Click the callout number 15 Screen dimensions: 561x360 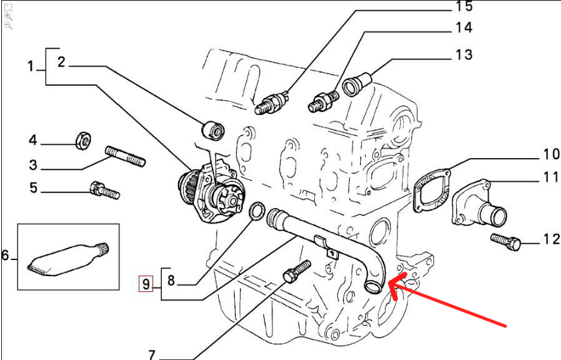tap(464, 6)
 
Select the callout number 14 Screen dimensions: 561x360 tap(464, 27)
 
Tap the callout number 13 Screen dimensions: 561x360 tap(464, 55)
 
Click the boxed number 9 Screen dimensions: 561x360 tap(146, 284)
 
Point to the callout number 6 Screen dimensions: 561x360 tap(5, 256)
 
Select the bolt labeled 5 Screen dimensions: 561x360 tap(104, 191)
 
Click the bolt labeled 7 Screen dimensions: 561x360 tap(297, 271)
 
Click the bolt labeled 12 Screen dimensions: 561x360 tap(505, 242)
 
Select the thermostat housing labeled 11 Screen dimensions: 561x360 tap(479, 204)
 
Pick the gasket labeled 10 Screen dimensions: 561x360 tap(432, 191)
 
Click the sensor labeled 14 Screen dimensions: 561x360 tap(324, 101)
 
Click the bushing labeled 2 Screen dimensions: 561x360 tap(213, 129)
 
